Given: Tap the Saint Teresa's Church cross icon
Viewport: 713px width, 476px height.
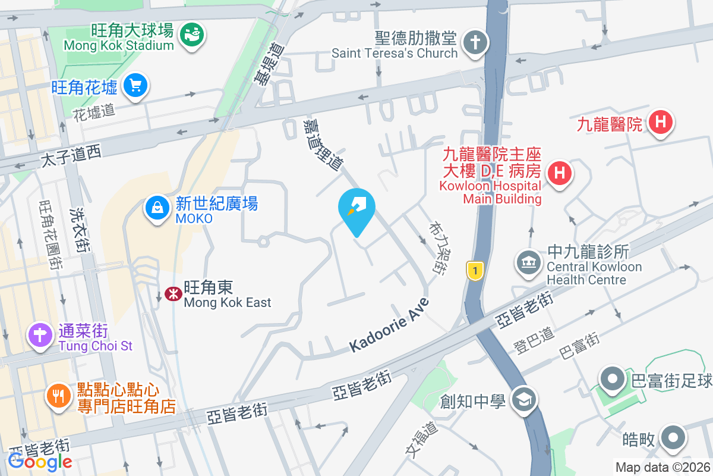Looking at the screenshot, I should (475, 42).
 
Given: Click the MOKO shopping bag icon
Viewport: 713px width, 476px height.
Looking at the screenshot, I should (156, 208).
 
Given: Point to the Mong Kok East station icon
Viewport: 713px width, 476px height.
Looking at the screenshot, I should (173, 293).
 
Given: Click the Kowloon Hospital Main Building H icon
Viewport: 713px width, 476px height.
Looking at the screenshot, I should (559, 174).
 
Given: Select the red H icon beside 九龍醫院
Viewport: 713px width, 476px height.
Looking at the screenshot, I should (660, 123).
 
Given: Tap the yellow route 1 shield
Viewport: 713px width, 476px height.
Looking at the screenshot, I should (474, 271).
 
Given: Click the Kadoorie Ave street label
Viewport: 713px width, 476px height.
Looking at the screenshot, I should (389, 325).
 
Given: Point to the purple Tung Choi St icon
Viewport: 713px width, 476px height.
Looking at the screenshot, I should (40, 335).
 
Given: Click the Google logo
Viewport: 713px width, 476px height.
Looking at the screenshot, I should (40, 461).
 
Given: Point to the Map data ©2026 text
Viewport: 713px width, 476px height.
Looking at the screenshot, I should (662, 468).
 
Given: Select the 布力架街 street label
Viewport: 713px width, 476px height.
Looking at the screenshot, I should (437, 249).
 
